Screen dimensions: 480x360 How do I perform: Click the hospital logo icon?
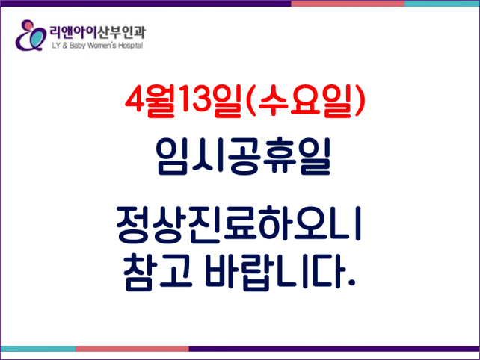point(31,35)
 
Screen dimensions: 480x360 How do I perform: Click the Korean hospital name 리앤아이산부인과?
point(98,33)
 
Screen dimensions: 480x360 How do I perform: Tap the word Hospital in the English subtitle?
point(130,46)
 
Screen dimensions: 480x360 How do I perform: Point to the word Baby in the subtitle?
point(77,46)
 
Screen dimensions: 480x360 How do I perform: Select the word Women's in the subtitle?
point(102,46)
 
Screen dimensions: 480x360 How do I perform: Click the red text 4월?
point(150,101)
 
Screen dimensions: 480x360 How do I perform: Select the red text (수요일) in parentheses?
point(306,101)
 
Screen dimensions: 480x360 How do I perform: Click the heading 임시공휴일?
point(244,156)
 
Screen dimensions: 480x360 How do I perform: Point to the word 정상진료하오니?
point(239,225)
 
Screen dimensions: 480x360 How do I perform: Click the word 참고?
point(158,272)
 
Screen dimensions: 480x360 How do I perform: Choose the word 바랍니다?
point(274,272)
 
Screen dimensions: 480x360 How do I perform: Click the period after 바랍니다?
point(351,282)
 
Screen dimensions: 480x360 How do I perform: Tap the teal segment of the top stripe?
point(442,4)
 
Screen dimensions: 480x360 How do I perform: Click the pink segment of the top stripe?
point(348,4)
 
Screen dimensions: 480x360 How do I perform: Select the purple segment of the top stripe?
point(146,4)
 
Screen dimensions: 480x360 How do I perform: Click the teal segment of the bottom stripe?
point(38,349)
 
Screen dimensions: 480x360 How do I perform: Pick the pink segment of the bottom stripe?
point(132,349)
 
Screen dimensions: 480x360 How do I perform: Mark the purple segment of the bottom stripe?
point(334,349)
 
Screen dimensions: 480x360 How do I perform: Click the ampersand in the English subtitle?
point(64,46)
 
